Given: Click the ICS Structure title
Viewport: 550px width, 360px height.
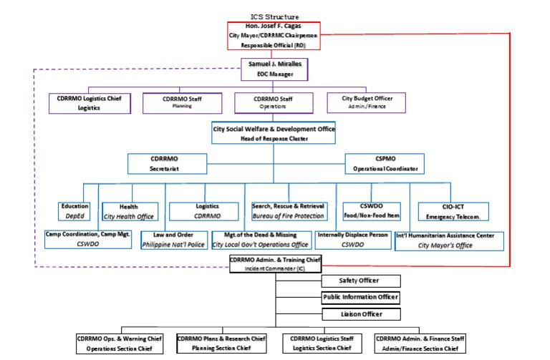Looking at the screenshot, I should pyautogui.click(x=274, y=16).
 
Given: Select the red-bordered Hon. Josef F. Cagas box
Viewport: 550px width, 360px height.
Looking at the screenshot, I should pyautogui.click(x=274, y=35).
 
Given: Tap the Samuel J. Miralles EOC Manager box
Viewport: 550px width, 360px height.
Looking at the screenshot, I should pyautogui.click(x=274, y=69).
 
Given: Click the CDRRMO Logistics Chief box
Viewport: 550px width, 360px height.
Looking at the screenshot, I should pyautogui.click(x=90, y=103).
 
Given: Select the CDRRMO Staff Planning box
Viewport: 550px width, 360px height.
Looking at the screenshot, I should pyautogui.click(x=182, y=103).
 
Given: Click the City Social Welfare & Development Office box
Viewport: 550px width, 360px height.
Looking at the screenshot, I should pyautogui.click(x=274, y=133).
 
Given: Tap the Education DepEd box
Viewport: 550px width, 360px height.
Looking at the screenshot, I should pyautogui.click(x=74, y=210).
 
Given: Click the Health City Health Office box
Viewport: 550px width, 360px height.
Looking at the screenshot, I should pyautogui.click(x=129, y=210).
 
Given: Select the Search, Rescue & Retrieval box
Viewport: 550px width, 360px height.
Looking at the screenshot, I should pyautogui.click(x=289, y=210).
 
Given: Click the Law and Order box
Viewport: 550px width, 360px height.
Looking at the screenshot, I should pyautogui.click(x=174, y=240).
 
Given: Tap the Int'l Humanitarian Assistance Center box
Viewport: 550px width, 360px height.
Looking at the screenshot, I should pyautogui.click(x=450, y=240).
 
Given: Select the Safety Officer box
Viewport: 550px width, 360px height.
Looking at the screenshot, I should pyautogui.click(x=360, y=281).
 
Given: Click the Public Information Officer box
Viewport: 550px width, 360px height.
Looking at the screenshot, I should pyautogui.click(x=360, y=297).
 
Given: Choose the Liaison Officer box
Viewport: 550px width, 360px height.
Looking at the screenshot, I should pyautogui.click(x=360, y=313).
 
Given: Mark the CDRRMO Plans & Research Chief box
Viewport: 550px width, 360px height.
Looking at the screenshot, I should pyautogui.click(x=222, y=343).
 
